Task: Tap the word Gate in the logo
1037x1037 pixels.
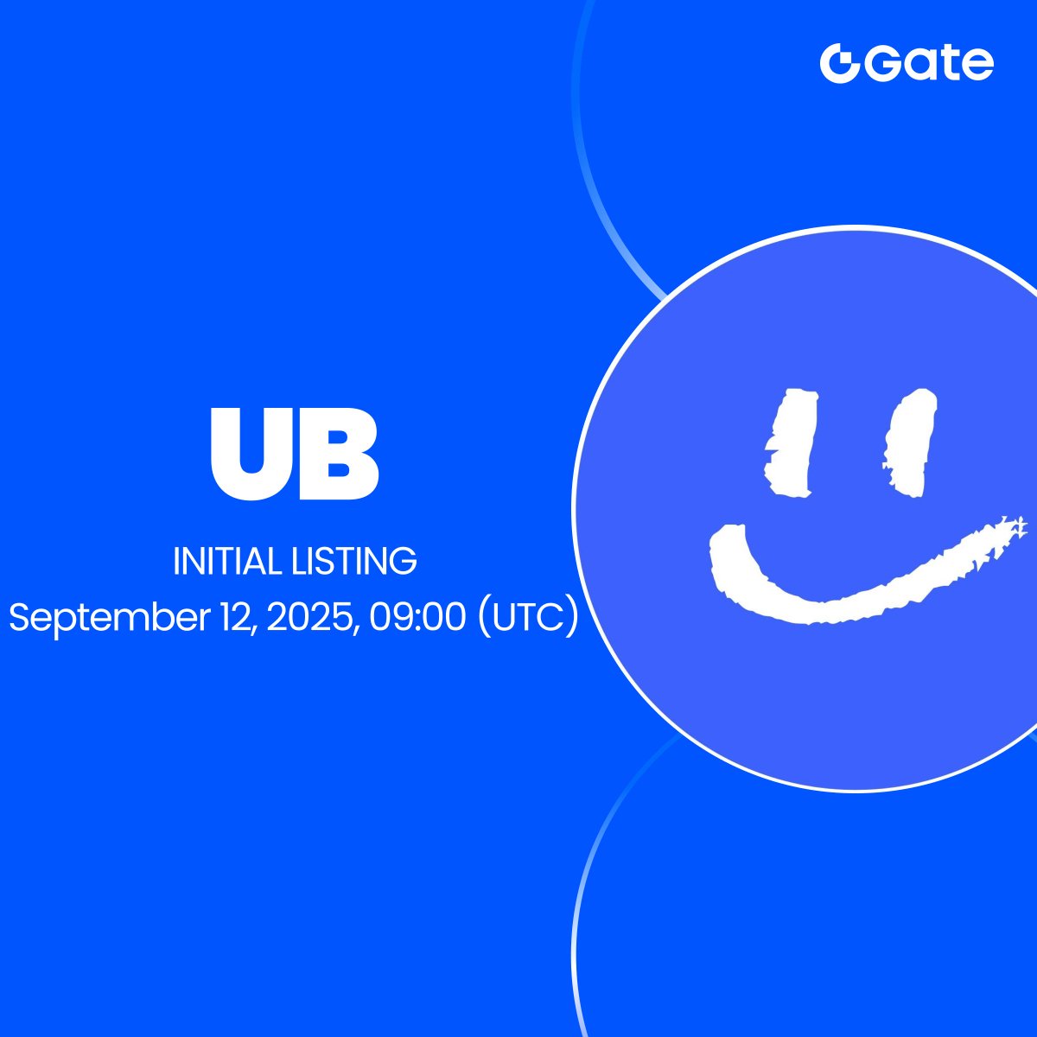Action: [x=929, y=63]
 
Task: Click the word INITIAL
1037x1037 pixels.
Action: [x=227, y=562]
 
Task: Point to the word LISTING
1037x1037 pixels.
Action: [x=354, y=562]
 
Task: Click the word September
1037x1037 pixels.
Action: [x=110, y=619]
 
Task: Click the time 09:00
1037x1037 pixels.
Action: [x=418, y=617]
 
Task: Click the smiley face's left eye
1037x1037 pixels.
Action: [x=790, y=442]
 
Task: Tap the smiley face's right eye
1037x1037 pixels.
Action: [x=909, y=442]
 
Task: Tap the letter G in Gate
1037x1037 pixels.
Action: [x=883, y=63]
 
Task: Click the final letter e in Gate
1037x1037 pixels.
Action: [x=977, y=67]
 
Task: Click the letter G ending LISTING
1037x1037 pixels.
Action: [x=404, y=562]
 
